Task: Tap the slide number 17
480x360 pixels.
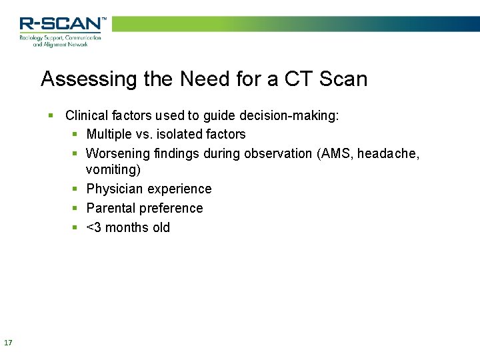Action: (8, 343)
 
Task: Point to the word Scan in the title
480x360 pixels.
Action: (343, 79)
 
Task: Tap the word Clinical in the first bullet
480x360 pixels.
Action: (87, 115)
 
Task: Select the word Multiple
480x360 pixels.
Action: (109, 134)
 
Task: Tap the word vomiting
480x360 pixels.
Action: (113, 170)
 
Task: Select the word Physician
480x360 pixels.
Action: (114, 189)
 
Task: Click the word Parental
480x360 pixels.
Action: (111, 208)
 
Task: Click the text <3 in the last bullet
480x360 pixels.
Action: (94, 227)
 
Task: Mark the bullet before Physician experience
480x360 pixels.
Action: (76, 189)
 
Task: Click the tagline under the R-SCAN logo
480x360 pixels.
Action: (61, 41)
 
